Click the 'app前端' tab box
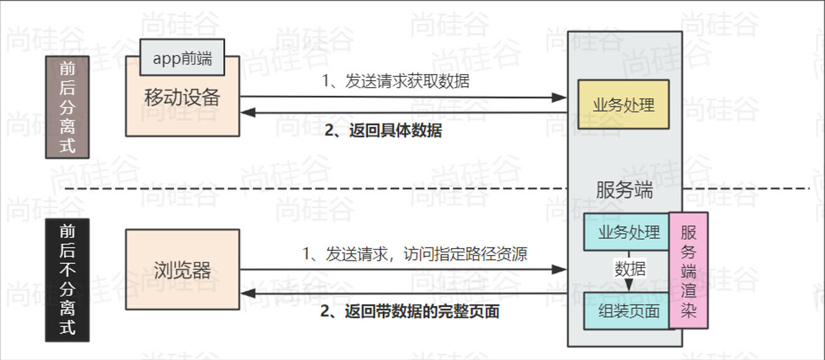pyautogui.click(x=182, y=58)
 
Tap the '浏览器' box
pyautogui.click(x=182, y=270)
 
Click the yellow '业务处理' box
pyautogui.click(x=623, y=104)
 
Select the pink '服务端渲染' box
pyautogui.click(x=688, y=270)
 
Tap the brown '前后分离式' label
pyautogui.click(x=67, y=106)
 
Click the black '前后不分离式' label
pyautogui.click(x=67, y=280)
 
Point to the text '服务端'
pyautogui.click(x=624, y=190)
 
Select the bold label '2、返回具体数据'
pyautogui.click(x=383, y=131)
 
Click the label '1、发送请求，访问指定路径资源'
pyautogui.click(x=415, y=254)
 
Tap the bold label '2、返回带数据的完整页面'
pyautogui.click(x=410, y=311)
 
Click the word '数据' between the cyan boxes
pyautogui.click(x=630, y=269)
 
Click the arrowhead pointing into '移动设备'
pyautogui.click(x=246, y=113)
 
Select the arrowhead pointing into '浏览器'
pyautogui.click(x=246, y=293)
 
